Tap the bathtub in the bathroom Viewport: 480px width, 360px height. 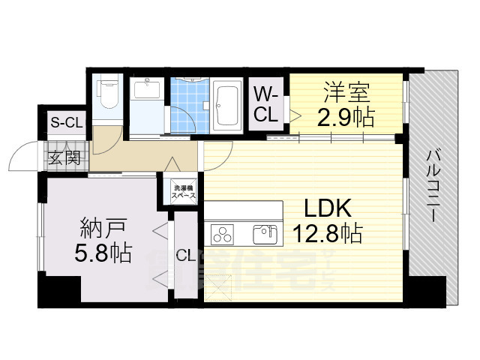tap(226, 105)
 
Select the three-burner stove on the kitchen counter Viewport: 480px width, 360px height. tap(223, 235)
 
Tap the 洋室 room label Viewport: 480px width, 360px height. tap(346, 94)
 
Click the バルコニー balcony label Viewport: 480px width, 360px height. tap(433, 183)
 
